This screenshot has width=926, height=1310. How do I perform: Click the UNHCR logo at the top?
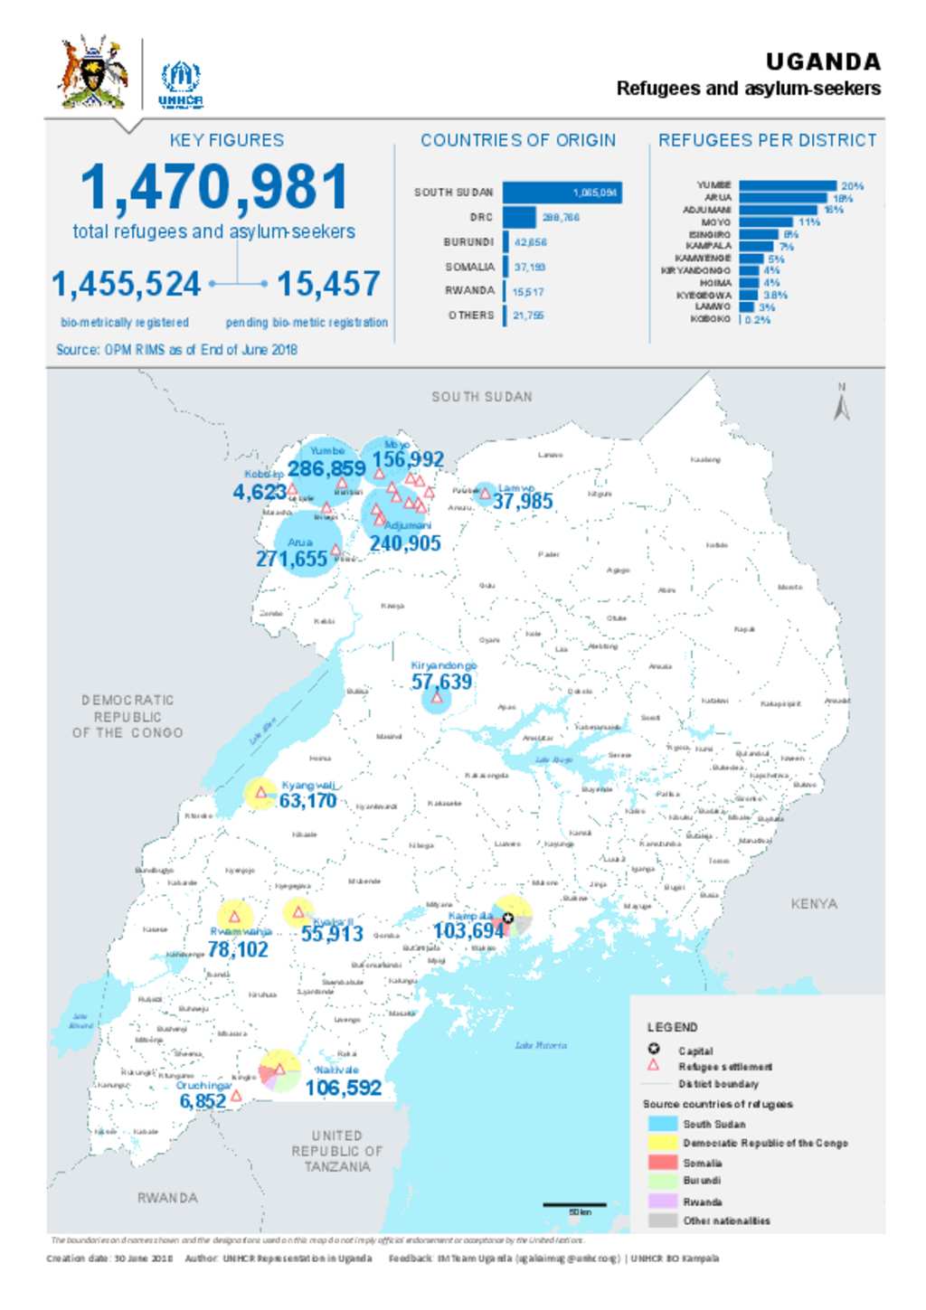181,84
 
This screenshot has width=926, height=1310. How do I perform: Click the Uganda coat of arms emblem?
93,72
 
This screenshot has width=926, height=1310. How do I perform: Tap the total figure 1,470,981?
214,187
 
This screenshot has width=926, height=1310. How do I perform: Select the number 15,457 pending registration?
328,284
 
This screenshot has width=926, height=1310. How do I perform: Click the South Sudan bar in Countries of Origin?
562,193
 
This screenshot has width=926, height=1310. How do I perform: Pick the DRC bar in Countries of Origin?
519,217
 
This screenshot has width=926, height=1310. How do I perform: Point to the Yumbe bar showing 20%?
788,185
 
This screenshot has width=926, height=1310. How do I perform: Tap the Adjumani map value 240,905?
404,543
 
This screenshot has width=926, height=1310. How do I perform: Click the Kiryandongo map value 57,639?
441,682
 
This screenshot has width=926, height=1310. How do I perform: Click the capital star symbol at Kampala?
508,919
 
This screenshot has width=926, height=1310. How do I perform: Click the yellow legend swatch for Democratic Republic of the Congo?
662,1143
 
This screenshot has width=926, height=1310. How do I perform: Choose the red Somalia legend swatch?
662,1163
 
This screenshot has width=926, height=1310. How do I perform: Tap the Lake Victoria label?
541,1045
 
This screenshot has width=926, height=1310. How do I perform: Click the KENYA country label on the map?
813,903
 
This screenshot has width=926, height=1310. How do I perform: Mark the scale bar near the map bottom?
574,1205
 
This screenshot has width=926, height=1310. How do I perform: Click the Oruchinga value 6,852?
203,1100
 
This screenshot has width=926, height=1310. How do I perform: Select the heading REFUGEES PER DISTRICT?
767,140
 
